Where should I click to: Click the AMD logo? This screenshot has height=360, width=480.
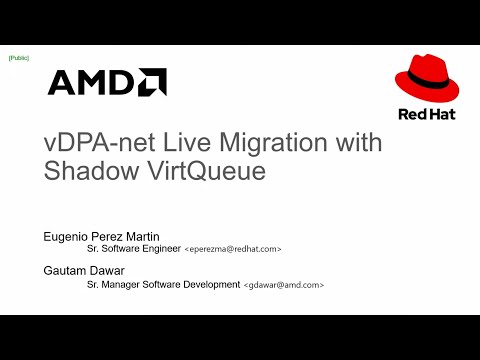pyautogui.click(x=107, y=82)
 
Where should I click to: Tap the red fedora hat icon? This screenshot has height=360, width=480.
pyautogui.click(x=427, y=81)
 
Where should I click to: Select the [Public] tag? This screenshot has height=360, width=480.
pyautogui.click(x=18, y=59)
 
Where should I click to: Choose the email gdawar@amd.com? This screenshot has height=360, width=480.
pyautogui.click(x=284, y=285)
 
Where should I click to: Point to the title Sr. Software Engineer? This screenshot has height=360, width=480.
pyautogui.click(x=130, y=248)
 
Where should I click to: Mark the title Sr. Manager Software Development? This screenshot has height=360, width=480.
pyautogui.click(x=159, y=285)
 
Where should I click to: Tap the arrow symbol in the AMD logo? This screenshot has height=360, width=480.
pyautogui.click(x=153, y=81)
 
